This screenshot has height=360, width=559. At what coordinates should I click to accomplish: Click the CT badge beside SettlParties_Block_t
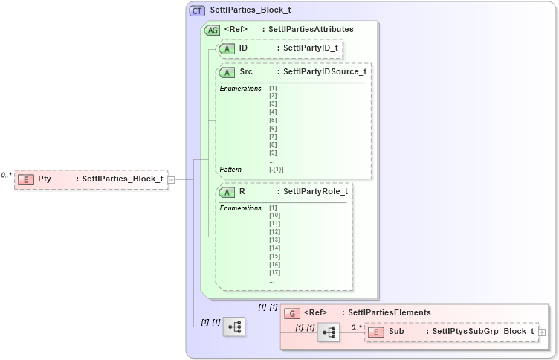(198, 11)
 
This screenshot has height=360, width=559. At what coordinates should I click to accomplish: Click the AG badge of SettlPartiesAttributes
(212, 30)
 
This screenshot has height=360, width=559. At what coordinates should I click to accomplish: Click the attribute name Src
(246, 72)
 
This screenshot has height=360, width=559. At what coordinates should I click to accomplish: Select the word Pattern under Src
(231, 169)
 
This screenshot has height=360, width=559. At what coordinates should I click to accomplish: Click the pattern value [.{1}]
(276, 169)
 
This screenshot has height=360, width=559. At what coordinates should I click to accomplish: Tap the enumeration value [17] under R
(275, 272)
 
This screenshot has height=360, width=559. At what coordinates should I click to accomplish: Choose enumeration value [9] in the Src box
(273, 152)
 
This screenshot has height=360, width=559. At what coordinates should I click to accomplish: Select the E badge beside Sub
(377, 331)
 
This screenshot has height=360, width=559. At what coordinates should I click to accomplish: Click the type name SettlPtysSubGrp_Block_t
(482, 331)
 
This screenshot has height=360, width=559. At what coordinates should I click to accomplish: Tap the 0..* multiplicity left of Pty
(6, 175)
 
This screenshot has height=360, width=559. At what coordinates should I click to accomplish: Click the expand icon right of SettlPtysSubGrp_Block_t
(542, 332)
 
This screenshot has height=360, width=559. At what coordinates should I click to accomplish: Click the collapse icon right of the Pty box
(172, 179)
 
